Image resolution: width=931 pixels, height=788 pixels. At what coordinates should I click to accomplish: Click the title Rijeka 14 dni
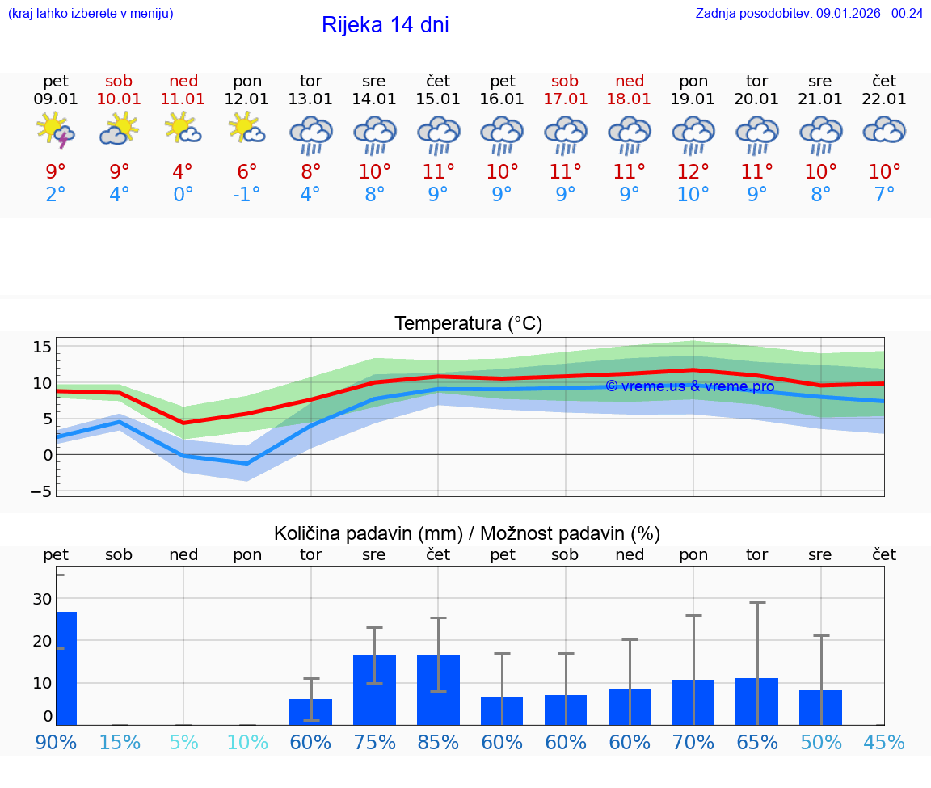point(385,25)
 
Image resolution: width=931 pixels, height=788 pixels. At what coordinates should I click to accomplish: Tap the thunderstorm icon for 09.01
point(56,130)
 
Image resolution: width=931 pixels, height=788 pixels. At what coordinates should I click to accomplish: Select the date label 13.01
point(310,99)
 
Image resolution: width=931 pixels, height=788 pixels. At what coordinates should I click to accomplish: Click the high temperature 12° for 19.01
point(693,171)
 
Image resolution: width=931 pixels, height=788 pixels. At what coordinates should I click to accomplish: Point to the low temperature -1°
point(246,195)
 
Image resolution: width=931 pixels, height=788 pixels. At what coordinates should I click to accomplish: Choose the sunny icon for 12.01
point(246,129)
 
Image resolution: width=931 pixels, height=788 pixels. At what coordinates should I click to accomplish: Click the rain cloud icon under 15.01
point(438,133)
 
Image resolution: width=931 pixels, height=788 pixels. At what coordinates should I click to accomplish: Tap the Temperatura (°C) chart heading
point(468,324)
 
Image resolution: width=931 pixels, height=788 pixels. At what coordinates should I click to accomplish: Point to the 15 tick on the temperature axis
point(42,347)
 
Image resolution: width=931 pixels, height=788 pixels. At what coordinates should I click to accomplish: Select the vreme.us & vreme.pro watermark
point(689,386)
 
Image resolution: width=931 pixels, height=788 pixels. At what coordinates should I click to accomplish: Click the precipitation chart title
point(467,533)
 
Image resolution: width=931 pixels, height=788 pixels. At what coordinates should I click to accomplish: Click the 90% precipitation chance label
point(56,742)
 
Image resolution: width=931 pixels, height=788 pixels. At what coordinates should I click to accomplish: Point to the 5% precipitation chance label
point(183,742)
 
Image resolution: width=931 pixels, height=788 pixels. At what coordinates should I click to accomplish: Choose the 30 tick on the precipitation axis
point(42,599)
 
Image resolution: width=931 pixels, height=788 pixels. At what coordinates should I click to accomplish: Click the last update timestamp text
point(809,13)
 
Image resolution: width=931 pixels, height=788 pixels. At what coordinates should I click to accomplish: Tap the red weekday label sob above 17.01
point(565,81)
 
